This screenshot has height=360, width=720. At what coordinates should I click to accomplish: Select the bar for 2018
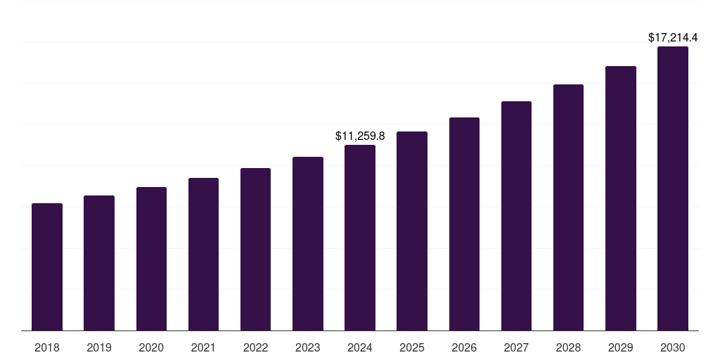[47, 267]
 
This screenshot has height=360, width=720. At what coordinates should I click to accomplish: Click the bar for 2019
[99, 263]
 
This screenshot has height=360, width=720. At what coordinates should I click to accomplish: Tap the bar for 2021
[203, 255]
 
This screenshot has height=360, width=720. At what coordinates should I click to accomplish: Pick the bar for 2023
[308, 244]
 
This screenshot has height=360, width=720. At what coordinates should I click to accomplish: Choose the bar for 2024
[360, 238]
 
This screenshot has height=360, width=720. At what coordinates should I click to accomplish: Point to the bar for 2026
[464, 224]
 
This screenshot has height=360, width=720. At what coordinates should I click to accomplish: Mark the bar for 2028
[568, 207]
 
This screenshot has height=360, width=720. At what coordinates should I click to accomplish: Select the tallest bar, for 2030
[673, 188]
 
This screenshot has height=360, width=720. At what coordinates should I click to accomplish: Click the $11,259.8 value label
[360, 135]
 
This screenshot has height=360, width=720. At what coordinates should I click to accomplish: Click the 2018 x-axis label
[47, 347]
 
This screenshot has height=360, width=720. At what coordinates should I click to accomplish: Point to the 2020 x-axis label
[151, 347]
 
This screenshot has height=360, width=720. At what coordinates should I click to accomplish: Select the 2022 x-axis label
[255, 347]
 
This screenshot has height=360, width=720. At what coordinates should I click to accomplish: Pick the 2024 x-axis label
[360, 347]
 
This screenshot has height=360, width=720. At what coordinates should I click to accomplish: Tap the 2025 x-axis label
[412, 347]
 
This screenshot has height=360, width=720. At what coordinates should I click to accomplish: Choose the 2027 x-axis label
[516, 347]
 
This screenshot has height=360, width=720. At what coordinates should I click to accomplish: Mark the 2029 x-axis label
[620, 347]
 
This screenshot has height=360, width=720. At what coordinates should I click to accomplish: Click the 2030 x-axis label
[673, 347]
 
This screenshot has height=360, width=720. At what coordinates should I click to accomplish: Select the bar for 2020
[151, 259]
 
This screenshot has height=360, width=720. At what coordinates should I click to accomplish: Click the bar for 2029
[620, 198]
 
